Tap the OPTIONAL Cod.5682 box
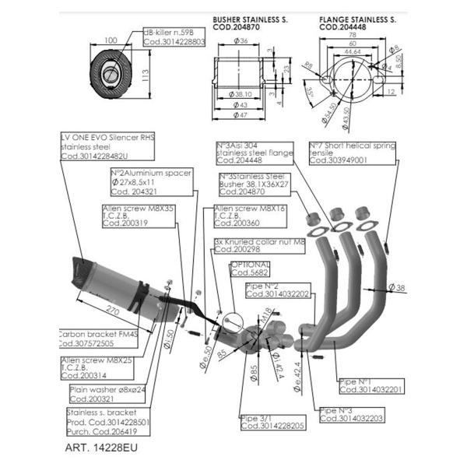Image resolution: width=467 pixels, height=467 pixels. (251, 269)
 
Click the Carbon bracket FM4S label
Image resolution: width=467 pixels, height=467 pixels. (97, 338)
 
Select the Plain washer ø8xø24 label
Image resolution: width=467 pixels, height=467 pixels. (104, 392)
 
